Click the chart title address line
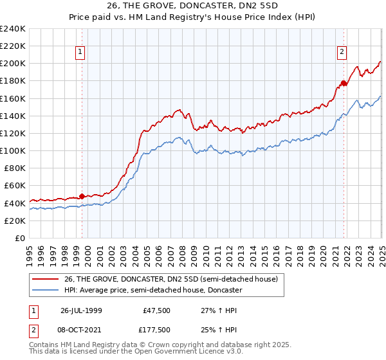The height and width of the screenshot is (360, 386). pyautogui.click(x=192, y=6)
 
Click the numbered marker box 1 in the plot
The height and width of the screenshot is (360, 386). pyautogui.click(x=80, y=53)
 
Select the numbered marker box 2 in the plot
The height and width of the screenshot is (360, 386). pyautogui.click(x=342, y=53)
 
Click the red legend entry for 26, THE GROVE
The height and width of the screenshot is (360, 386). pyautogui.click(x=170, y=279)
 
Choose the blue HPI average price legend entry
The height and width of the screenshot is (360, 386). pyautogui.click(x=152, y=290)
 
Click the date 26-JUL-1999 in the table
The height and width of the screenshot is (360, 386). pyautogui.click(x=81, y=310)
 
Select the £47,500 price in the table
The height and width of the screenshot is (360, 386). pyautogui.click(x=157, y=310)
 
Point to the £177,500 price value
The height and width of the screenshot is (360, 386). pyautogui.click(x=157, y=329)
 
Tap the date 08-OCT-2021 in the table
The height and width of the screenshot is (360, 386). pyautogui.click(x=82, y=329)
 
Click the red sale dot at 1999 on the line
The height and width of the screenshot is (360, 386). pyautogui.click(x=82, y=197)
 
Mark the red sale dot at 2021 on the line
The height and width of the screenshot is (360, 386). pyautogui.click(x=344, y=83)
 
